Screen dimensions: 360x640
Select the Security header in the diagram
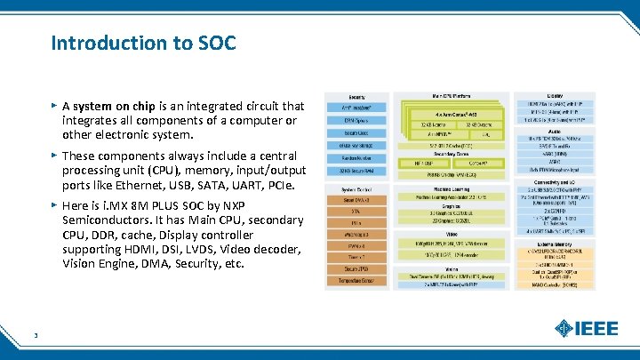coord(357,96)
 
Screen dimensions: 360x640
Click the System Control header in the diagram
coord(358,189)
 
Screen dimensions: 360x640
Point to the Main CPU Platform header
coord(452,96)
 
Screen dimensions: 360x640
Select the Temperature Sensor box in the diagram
coord(358,281)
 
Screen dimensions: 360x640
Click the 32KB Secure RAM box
coord(358,170)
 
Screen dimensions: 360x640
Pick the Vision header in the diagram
coord(452,268)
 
